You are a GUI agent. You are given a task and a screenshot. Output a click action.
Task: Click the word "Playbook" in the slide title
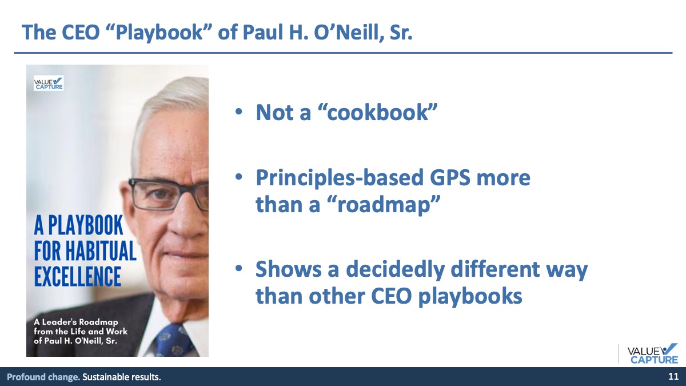tap(159, 33)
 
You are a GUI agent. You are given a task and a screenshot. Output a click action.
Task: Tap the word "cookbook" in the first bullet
tap(377, 112)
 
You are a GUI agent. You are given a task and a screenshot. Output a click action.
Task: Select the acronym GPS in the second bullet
tap(450, 177)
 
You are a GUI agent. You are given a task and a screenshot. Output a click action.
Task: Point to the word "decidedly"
tap(395, 269)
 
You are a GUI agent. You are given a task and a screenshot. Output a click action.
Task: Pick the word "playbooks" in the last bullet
tap(470, 296)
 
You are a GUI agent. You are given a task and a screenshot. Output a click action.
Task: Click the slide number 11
tap(673, 376)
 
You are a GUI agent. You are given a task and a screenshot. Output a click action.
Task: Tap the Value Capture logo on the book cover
tap(49, 83)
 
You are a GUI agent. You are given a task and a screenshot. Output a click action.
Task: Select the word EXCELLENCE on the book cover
tap(78, 276)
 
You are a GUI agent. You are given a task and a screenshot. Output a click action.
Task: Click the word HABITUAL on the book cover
tap(101, 250)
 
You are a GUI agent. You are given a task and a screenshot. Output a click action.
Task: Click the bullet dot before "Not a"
tap(238, 112)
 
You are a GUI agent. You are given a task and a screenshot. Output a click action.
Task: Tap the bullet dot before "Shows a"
tap(238, 268)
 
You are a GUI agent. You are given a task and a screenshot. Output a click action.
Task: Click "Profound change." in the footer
tap(43, 377)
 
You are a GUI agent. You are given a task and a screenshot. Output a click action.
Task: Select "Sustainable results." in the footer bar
tap(122, 377)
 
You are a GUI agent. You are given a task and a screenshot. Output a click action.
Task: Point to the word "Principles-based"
tap(340, 178)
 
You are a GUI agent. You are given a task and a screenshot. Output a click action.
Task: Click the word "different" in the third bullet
tap(495, 269)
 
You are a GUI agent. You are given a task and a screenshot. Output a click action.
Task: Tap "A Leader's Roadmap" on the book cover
tap(76, 322)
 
